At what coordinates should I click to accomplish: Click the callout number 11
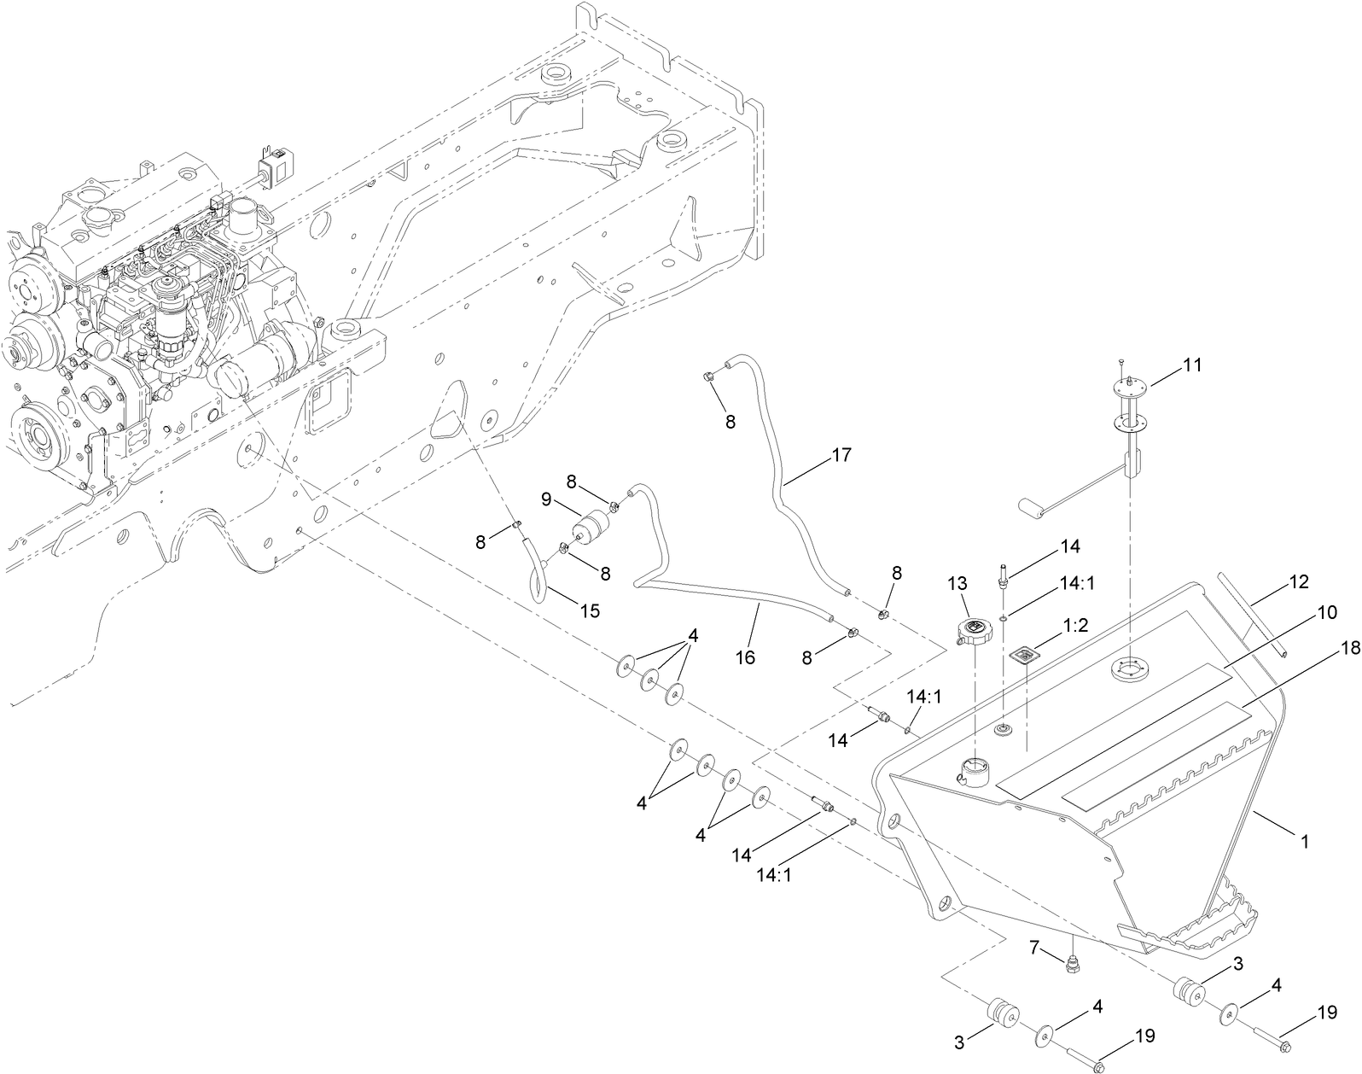click(1191, 365)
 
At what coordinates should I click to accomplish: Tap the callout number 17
click(841, 455)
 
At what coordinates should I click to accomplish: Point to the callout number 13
click(957, 583)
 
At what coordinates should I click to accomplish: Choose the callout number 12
click(1298, 582)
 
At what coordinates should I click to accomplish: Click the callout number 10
click(1326, 611)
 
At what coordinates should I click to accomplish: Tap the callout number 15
click(589, 610)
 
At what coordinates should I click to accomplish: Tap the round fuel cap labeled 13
click(972, 632)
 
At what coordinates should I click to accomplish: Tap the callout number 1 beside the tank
click(1303, 842)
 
